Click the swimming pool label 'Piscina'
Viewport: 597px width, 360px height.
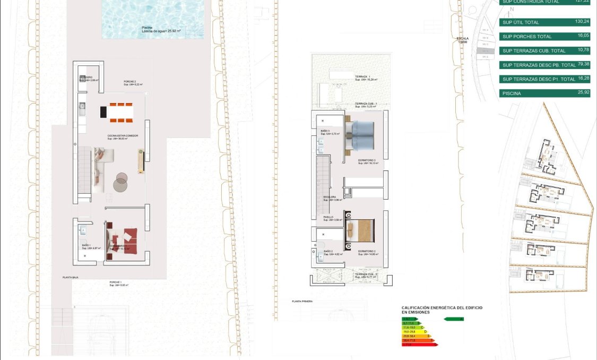click(147, 28)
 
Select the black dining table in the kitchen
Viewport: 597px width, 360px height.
click(104, 112)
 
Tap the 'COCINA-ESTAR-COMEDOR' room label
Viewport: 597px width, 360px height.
click(123, 136)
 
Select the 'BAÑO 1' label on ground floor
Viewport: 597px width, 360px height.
click(86, 245)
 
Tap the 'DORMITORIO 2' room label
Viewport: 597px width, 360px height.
click(367, 251)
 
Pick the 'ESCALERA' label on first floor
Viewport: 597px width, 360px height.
click(330, 197)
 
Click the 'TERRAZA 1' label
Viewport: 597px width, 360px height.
click(363, 76)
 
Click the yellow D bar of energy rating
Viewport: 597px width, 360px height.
click(414, 332)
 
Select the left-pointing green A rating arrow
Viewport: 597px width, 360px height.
click(453, 319)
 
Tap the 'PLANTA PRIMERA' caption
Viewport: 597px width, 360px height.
click(302, 301)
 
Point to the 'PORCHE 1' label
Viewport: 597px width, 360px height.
click(116, 282)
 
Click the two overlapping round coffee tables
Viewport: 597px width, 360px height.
click(122, 182)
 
